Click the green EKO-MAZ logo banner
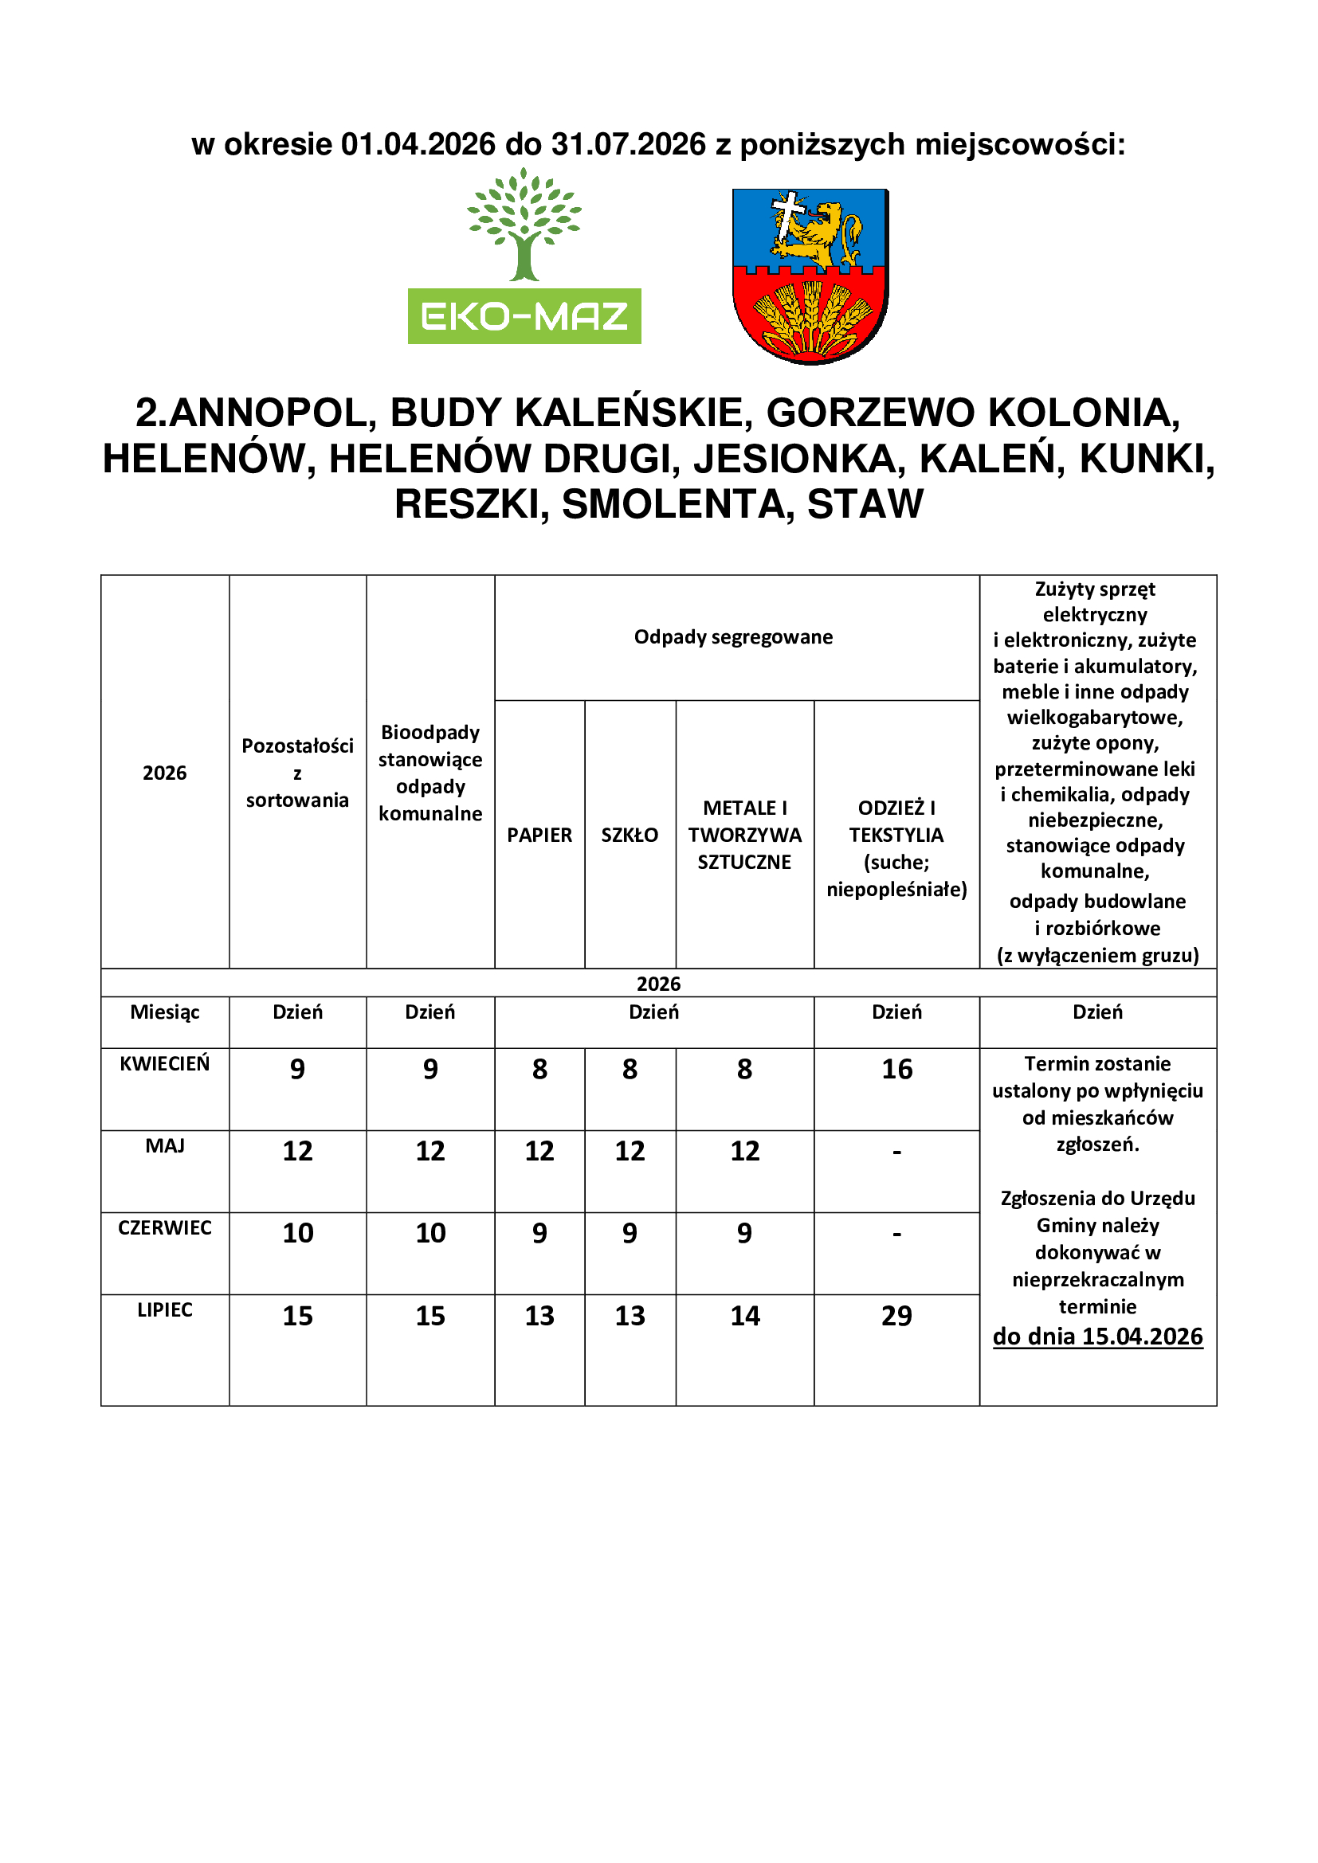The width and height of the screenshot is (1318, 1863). point(524,315)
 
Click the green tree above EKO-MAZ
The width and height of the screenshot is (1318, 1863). point(524,223)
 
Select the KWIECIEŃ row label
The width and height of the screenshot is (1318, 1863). point(165,1064)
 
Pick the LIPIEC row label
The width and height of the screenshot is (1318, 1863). point(165,1309)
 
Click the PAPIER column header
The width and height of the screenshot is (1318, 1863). point(539,835)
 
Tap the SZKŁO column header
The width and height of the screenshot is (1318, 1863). point(630,835)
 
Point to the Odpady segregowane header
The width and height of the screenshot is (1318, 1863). point(734,637)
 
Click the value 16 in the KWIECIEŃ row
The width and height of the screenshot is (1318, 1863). point(896,1070)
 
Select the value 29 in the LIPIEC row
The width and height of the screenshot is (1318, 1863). point(896,1315)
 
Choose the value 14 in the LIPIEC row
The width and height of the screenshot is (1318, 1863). point(745,1315)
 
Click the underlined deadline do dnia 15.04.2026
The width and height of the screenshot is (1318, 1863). point(1098,1337)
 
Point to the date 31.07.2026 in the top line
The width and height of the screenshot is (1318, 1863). point(629,144)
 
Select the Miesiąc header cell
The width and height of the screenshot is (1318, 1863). point(165,1012)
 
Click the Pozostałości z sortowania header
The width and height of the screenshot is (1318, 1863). point(298,773)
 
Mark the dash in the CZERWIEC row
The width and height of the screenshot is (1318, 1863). point(896,1233)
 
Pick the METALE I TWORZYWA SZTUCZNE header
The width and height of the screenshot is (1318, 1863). point(745,835)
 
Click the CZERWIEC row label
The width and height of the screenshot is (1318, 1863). point(165,1227)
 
